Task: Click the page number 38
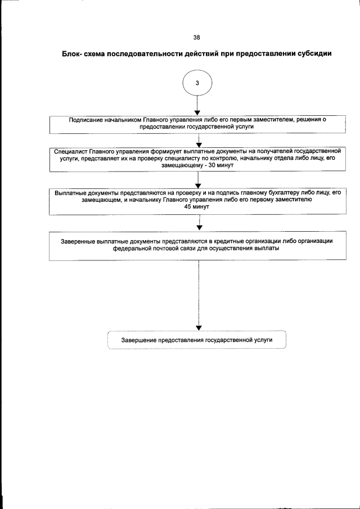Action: pyautogui.click(x=197, y=38)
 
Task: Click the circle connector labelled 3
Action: pyautogui.click(x=197, y=83)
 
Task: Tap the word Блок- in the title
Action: pyautogui.click(x=74, y=54)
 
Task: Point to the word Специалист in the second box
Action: pyautogui.click(x=71, y=152)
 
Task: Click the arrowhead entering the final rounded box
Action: pyautogui.click(x=199, y=328)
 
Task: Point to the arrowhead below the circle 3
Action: pyautogui.click(x=197, y=111)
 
